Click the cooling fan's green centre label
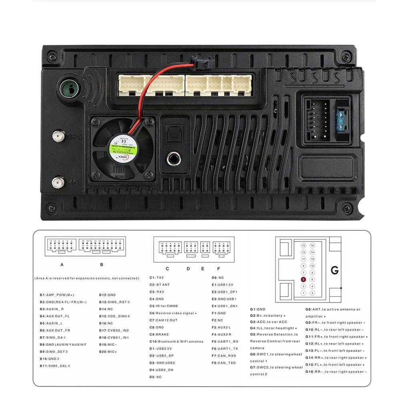(120, 148)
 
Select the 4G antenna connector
(58, 183)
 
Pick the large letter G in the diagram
(335, 271)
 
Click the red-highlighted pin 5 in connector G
(303, 279)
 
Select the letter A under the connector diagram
(62, 265)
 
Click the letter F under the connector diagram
(219, 269)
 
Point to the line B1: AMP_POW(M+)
(57, 295)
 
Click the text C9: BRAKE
(159, 334)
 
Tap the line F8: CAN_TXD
(223, 363)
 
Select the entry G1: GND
(258, 309)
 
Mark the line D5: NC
(155, 377)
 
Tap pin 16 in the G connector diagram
(312, 245)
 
